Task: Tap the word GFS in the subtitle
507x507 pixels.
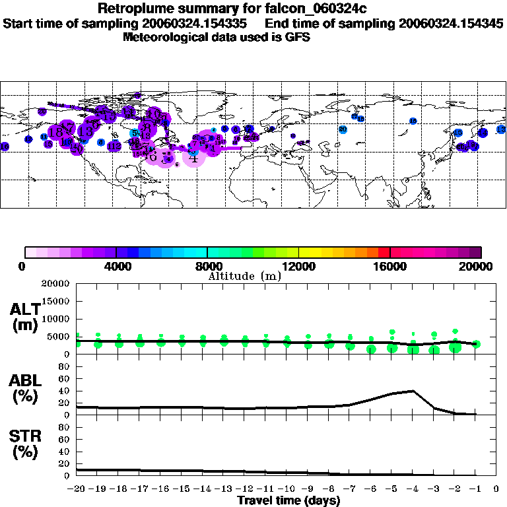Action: pos(297,38)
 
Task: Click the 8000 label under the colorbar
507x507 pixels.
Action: pos(207,267)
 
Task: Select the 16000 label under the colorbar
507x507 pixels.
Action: pos(390,267)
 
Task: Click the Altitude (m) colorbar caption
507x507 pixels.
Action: pos(244,276)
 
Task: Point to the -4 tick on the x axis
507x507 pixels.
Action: pos(413,489)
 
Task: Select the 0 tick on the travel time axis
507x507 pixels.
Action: pos(496,489)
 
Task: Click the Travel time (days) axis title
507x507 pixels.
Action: pos(288,501)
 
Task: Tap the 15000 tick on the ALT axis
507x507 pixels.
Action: pos(57,301)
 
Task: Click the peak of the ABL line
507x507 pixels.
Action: pos(413,391)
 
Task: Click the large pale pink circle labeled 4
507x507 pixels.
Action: pos(193,156)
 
